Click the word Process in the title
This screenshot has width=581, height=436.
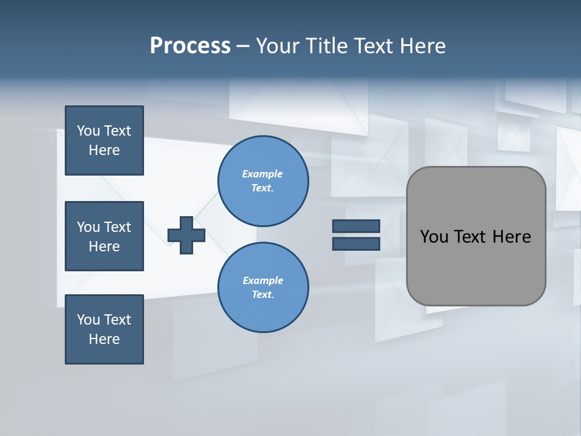pos(190,46)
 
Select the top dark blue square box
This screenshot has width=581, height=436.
pos(104,140)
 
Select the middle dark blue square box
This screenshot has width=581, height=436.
pos(104,236)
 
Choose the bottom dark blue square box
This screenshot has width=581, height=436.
pos(104,329)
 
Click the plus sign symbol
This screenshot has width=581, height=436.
pos(186,235)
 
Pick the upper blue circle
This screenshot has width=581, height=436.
pos(263,180)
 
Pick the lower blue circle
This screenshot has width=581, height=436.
pos(263,287)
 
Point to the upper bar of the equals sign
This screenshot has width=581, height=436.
pos(356,226)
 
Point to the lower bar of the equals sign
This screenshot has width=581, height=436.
pos(356,243)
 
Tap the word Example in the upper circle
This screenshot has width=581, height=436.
pos(263,174)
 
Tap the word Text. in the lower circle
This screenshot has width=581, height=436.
pos(263,295)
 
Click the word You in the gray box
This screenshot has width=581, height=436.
pos(435,237)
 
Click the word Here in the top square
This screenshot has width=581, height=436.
pos(104,150)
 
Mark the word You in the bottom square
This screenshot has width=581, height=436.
pos(88,320)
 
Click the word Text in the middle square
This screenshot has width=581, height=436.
pos(117,227)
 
